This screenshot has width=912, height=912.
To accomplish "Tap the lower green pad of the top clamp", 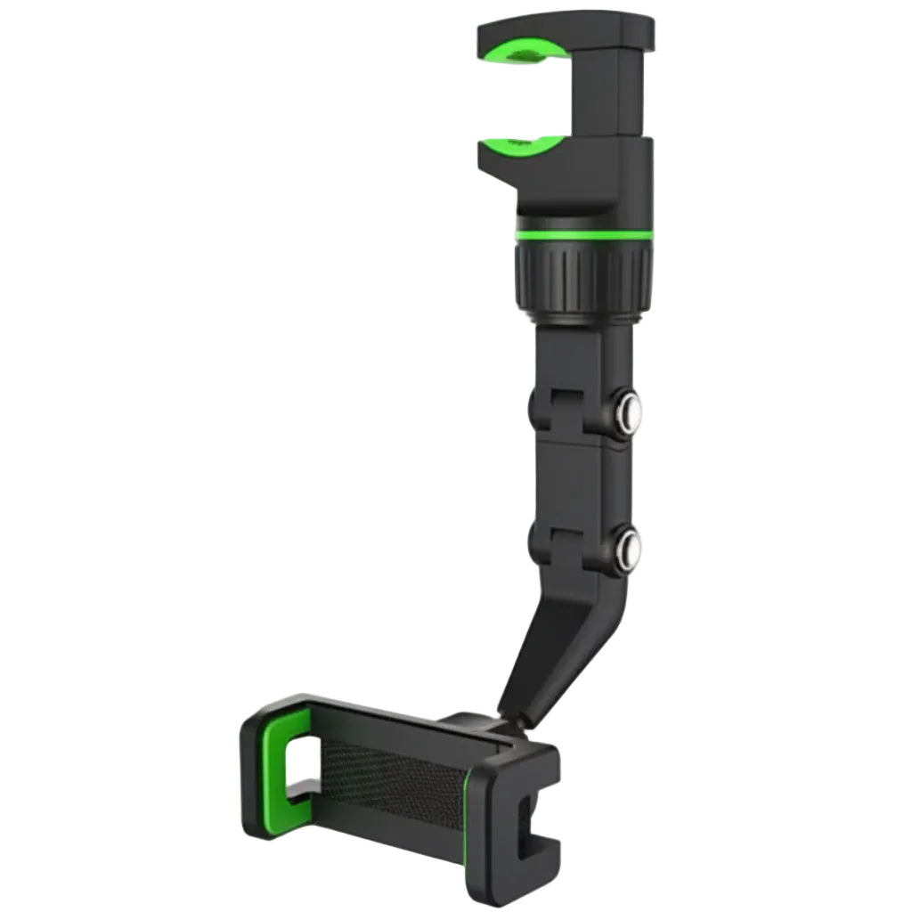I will (525, 147).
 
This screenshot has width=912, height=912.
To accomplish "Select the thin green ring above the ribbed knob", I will (583, 235).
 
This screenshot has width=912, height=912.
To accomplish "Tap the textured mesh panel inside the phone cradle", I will (392, 775).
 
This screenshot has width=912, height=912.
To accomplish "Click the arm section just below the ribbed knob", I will (583, 356).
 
